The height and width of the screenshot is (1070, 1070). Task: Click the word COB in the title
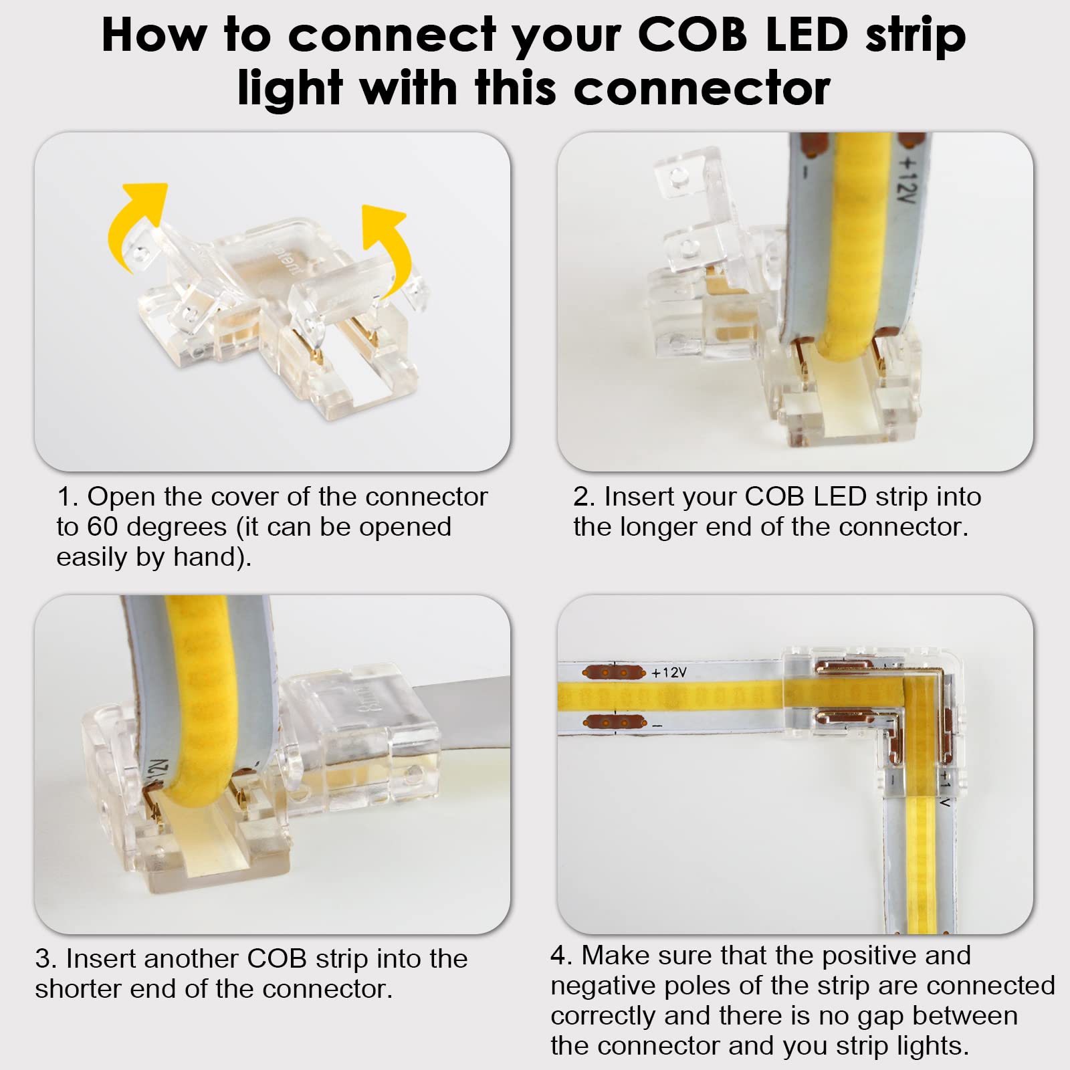692,35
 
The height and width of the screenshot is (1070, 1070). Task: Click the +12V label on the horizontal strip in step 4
669,672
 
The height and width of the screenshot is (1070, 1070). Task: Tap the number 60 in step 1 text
102,527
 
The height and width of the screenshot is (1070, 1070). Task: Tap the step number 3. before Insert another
46,958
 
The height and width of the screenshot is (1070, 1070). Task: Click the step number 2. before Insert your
584,497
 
